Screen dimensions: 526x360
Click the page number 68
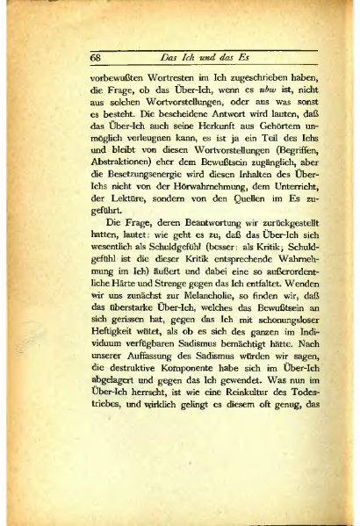pos(97,58)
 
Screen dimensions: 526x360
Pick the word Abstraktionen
pos(119,174)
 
